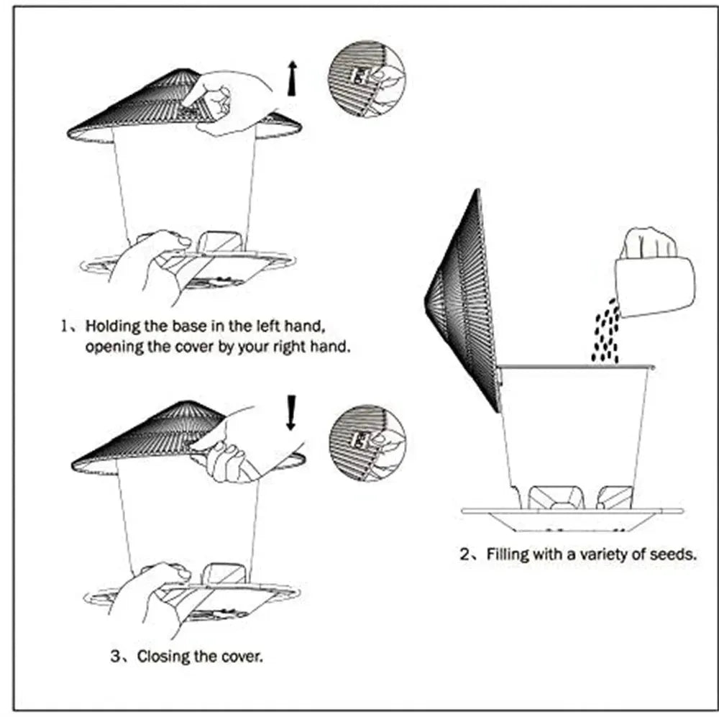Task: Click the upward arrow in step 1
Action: [x=290, y=78]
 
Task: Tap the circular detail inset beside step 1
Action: [x=366, y=77]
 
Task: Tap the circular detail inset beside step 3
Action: [x=366, y=444]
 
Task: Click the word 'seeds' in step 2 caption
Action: [x=672, y=554]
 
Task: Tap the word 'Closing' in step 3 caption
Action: [x=163, y=656]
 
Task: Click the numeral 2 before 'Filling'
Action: [x=464, y=554]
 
